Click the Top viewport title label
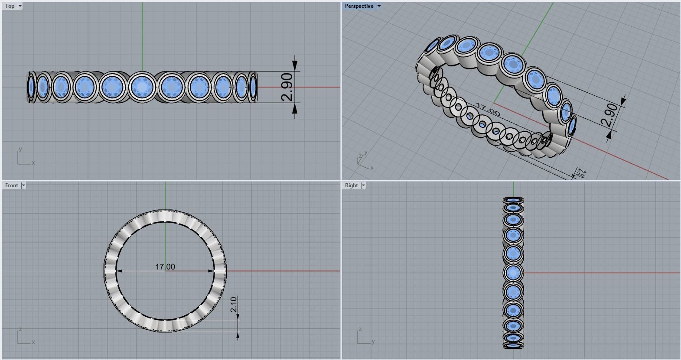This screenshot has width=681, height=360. (x=10, y=6)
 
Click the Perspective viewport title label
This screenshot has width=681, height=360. (x=359, y=6)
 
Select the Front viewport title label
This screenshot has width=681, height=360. (x=12, y=185)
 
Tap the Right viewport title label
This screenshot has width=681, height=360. (x=351, y=185)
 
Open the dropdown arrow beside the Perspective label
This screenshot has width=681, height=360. (x=378, y=6)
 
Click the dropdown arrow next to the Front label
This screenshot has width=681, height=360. (x=23, y=185)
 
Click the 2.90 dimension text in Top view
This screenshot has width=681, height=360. (x=287, y=87)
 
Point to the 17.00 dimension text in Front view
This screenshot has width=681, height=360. (x=165, y=267)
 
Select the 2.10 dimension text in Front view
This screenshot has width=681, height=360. (x=234, y=305)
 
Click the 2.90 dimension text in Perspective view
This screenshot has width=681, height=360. (x=610, y=115)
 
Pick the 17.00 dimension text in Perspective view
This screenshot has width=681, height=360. (x=488, y=110)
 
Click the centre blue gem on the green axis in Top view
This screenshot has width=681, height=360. (x=142, y=87)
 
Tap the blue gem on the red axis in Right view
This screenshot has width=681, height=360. (x=513, y=273)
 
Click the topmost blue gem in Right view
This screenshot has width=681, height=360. (x=513, y=200)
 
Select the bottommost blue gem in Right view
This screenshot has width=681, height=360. (x=513, y=345)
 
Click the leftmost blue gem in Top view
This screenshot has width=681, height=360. (x=31, y=87)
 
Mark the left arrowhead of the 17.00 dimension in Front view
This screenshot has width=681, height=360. (x=119, y=271)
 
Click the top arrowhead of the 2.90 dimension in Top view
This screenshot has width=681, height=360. (x=295, y=65)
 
